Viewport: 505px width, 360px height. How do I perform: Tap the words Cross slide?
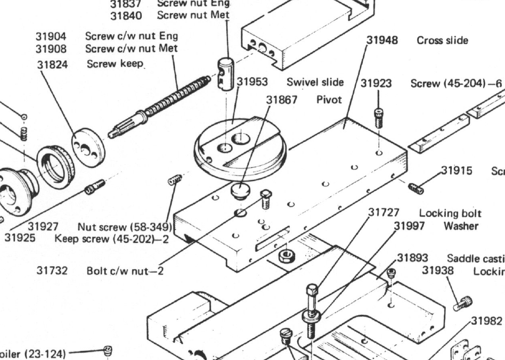click(443, 40)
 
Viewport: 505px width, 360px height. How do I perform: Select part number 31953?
click(252, 82)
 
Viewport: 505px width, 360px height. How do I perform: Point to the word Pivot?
click(329, 100)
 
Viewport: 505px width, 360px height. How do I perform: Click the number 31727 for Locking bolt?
click(384, 213)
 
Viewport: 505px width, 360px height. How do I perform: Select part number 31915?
click(457, 171)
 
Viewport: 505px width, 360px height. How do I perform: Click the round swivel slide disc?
click(240, 146)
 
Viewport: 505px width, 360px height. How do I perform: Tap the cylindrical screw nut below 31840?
click(226, 71)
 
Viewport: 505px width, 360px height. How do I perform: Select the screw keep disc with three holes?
click(88, 147)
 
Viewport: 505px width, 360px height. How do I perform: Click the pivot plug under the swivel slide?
click(240, 190)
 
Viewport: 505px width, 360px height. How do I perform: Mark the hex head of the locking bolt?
click(312, 291)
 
